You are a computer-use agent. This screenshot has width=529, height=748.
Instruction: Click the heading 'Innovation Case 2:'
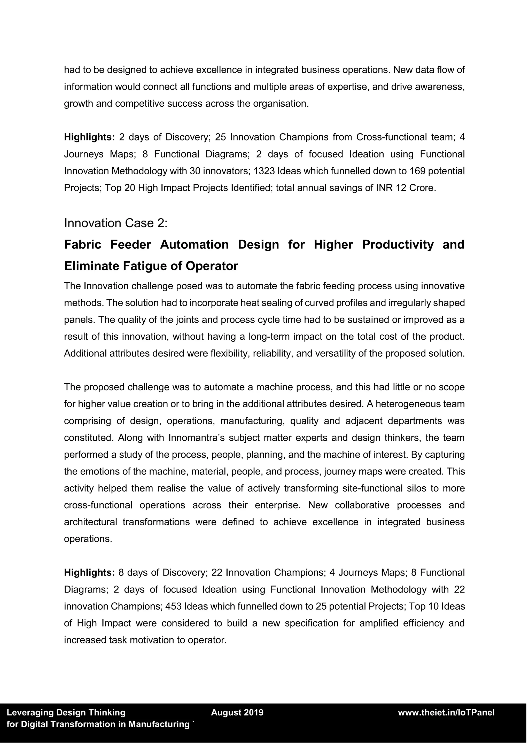(x=116, y=223)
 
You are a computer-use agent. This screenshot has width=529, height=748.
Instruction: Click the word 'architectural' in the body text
(x=91, y=522)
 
